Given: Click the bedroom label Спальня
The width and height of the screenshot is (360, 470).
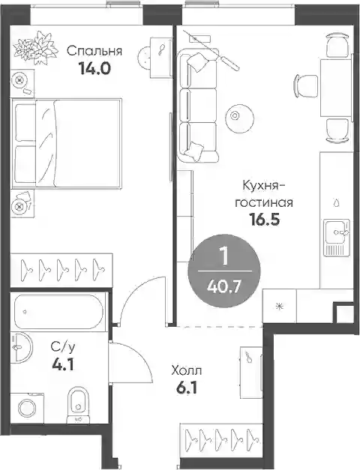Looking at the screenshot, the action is click(x=94, y=51).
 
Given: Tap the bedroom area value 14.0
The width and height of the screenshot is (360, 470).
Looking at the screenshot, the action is click(x=94, y=69).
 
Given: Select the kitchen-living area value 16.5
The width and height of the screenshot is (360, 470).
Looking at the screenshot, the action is click(x=264, y=220).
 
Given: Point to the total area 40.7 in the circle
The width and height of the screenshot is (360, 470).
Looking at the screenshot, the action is click(x=223, y=287).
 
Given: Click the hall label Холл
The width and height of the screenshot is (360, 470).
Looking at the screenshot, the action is click(x=186, y=371).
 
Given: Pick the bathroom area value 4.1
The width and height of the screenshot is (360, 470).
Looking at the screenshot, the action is click(x=63, y=364).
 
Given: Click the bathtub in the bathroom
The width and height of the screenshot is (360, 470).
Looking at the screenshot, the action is click(x=58, y=312).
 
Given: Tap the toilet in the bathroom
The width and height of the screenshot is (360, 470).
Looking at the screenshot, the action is click(x=78, y=405).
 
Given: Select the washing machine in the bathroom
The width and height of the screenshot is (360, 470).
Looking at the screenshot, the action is click(x=27, y=408).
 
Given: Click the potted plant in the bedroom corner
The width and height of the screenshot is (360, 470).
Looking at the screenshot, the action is click(x=36, y=48).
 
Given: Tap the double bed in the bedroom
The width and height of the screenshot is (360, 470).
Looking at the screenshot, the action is click(x=67, y=144).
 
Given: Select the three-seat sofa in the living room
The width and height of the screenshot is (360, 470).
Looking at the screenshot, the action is click(x=197, y=106).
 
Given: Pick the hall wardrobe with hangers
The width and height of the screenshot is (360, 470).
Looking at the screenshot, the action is click(x=221, y=440).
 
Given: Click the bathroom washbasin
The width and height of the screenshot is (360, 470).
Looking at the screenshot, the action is click(x=21, y=347).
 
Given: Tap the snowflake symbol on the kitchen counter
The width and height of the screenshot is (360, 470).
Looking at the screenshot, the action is click(x=280, y=306).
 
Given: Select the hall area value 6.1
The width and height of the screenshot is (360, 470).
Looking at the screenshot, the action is click(x=186, y=389).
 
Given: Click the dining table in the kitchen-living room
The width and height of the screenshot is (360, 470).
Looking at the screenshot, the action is click(x=336, y=88).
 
